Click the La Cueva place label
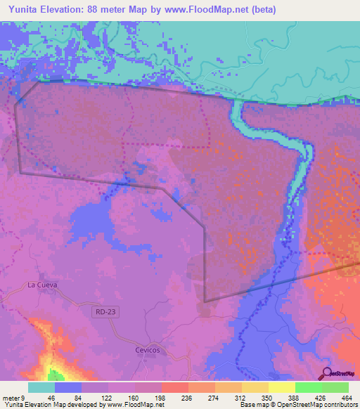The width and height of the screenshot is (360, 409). pos(41,285)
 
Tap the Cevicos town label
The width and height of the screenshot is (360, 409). pos(148,349)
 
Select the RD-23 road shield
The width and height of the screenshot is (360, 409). pos(103,310)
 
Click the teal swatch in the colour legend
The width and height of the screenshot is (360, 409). pos(41,387)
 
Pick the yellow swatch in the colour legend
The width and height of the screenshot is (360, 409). pos(282,387)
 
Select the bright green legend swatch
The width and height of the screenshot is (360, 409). pos(309,387)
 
